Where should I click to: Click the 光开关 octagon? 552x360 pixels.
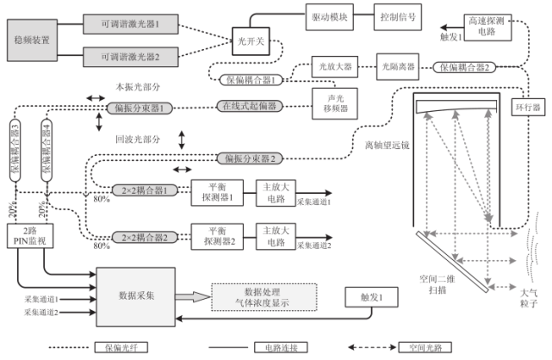[x=251, y=40]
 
